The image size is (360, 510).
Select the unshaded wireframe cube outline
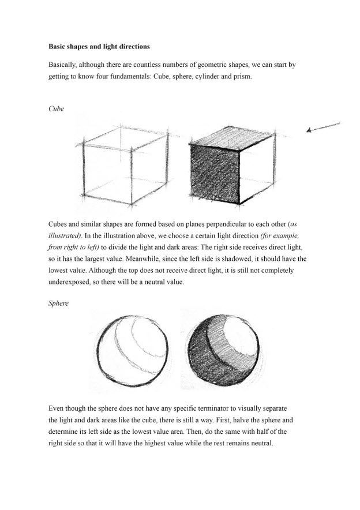pos(123,162)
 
